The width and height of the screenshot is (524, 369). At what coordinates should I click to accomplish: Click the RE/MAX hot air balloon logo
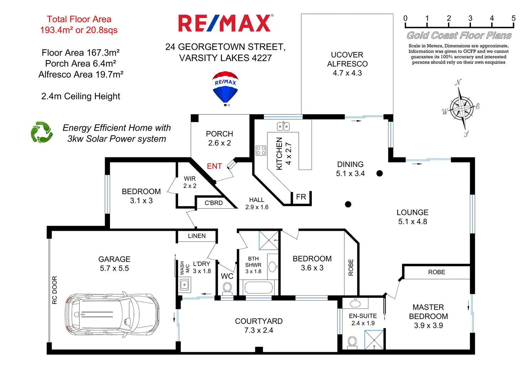225,88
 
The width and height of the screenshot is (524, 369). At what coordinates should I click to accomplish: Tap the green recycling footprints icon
42,132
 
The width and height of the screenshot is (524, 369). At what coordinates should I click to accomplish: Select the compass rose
461,108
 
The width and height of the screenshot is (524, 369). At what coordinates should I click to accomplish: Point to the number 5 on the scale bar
513,19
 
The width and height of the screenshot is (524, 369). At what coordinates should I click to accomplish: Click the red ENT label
214,166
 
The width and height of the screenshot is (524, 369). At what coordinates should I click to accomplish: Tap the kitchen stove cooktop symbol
261,150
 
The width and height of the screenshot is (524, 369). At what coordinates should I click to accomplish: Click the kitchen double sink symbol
283,126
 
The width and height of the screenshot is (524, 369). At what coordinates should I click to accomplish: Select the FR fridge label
301,197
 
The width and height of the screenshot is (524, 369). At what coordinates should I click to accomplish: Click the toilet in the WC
227,287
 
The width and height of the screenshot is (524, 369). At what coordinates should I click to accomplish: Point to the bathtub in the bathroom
258,287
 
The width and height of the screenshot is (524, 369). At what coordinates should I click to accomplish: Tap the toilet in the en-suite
352,342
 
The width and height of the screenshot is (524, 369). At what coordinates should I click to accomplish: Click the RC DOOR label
54,290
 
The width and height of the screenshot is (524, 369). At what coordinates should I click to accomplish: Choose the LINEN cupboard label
197,236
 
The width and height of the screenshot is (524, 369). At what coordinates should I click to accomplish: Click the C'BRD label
214,203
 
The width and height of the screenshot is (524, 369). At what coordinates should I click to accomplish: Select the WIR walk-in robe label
190,179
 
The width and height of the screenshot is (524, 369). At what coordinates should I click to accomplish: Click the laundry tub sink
184,285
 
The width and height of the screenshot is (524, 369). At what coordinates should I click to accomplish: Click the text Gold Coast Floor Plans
459,36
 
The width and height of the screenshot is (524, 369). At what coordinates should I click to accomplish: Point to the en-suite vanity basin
355,304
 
